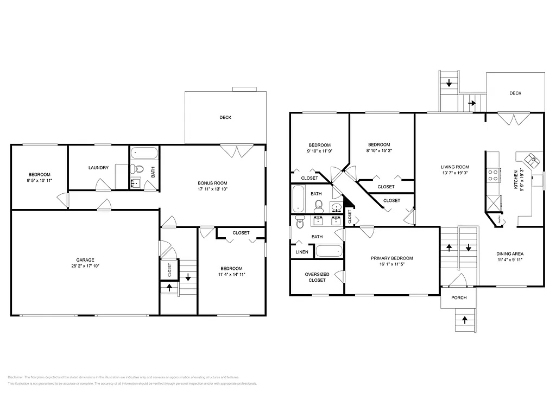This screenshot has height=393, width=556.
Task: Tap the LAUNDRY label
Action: pyautogui.click(x=98, y=168)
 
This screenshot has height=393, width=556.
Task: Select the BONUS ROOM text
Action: pyautogui.click(x=212, y=183)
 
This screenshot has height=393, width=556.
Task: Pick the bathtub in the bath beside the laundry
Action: pyautogui.click(x=144, y=152)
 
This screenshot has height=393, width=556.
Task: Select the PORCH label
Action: pyautogui.click(x=459, y=297)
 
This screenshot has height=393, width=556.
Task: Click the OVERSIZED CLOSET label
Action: pyautogui.click(x=317, y=277)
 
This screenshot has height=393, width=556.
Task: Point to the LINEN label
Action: pyautogui.click(x=301, y=252)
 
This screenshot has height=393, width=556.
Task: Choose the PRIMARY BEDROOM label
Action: pyautogui.click(x=391, y=258)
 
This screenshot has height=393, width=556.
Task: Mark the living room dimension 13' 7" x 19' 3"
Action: pyautogui.click(x=455, y=174)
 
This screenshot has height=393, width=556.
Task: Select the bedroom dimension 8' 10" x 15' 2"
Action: pyautogui.click(x=379, y=151)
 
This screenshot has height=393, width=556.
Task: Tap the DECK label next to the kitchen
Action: pyautogui.click(x=515, y=93)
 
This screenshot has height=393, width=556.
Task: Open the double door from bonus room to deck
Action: pyautogui.click(x=235, y=150)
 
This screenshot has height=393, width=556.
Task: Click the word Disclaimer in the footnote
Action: pyautogui.click(x=16, y=377)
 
